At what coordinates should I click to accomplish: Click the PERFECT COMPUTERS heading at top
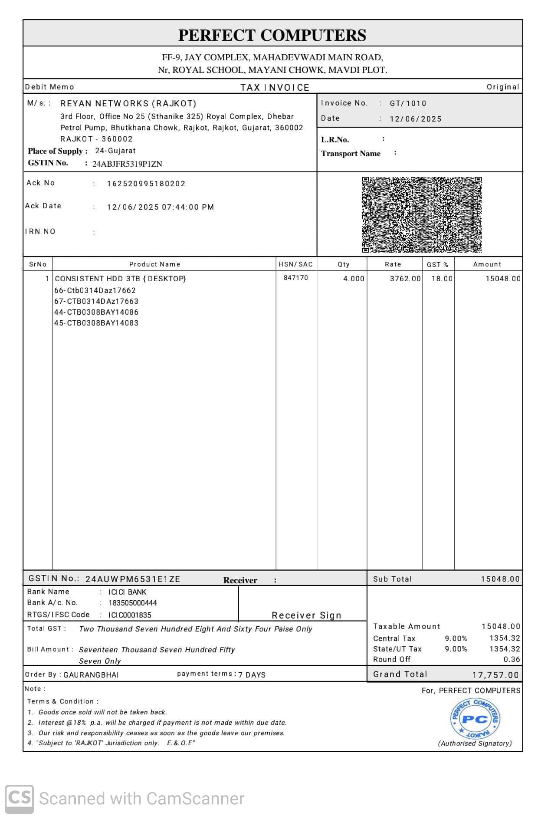pyautogui.click(x=272, y=35)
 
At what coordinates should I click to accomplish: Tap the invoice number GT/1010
pyautogui.click(x=408, y=103)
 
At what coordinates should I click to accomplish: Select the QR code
pyautogui.click(x=422, y=214)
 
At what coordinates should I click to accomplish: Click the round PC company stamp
pyautogui.click(x=475, y=719)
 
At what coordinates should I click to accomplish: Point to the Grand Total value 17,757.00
pyautogui.click(x=495, y=675)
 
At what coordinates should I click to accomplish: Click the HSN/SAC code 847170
pyautogui.click(x=296, y=278)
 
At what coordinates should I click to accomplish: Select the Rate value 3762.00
pyautogui.click(x=405, y=279)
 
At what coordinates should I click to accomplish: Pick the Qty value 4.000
pyautogui.click(x=354, y=279)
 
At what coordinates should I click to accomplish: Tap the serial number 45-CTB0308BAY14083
pyautogui.click(x=96, y=323)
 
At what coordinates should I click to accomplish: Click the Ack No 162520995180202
pyautogui.click(x=146, y=184)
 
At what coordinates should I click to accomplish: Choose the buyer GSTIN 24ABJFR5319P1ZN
pyautogui.click(x=127, y=164)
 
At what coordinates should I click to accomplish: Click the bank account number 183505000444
pyautogui.click(x=133, y=603)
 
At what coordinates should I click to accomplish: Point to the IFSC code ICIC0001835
pyautogui.click(x=130, y=615)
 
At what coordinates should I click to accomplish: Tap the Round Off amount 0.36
pyautogui.click(x=512, y=659)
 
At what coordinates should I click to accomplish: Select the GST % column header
pyautogui.click(x=437, y=264)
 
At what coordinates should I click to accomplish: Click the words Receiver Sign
pyautogui.click(x=306, y=615)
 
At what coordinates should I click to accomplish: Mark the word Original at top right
pyautogui.click(x=502, y=87)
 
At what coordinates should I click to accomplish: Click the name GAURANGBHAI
pyautogui.click(x=91, y=675)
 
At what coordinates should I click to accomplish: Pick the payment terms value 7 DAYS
pyautogui.click(x=252, y=675)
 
